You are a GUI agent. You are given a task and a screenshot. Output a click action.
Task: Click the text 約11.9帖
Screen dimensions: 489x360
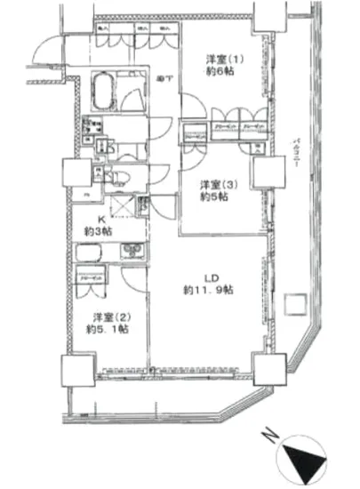tap(209, 290)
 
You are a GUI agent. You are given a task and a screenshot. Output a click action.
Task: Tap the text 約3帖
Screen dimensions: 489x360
tap(100, 231)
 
